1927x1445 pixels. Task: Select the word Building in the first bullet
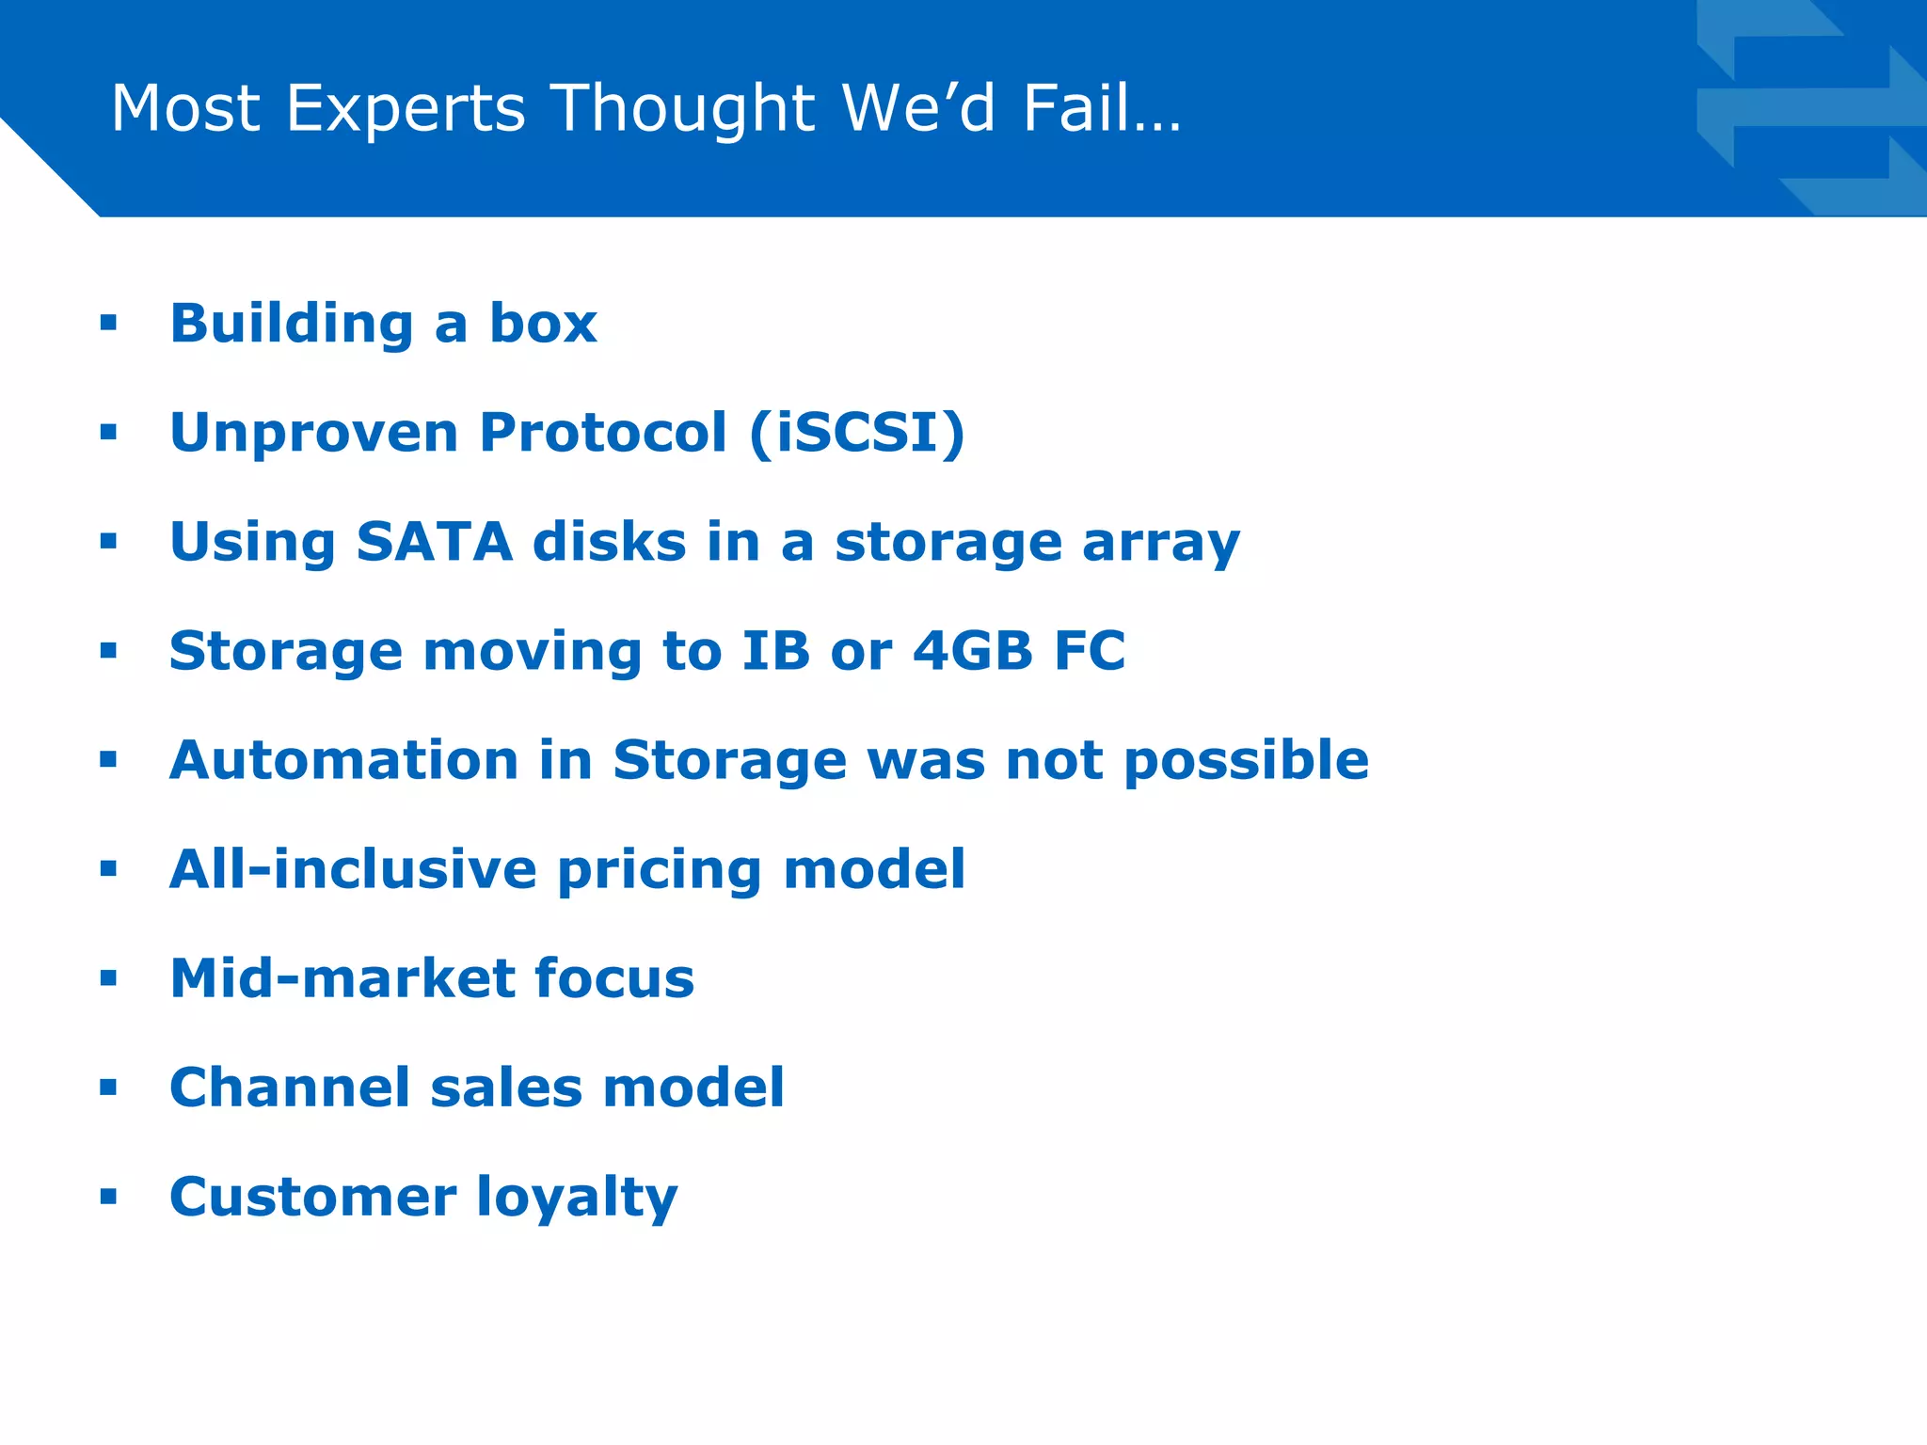(x=292, y=325)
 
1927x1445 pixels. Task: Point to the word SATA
(x=434, y=543)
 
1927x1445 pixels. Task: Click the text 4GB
(x=973, y=651)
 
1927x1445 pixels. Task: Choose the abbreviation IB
(x=775, y=651)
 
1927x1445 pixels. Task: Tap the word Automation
(x=343, y=760)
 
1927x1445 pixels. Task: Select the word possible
(x=1247, y=760)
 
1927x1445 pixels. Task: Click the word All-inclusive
(x=353, y=869)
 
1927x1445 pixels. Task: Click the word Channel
(x=290, y=1088)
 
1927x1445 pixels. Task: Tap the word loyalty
(x=577, y=1198)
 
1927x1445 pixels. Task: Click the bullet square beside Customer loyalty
(x=108, y=1198)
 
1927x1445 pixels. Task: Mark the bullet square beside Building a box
(x=108, y=325)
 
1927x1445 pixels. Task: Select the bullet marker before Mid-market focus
(x=108, y=979)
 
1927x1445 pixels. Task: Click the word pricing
(x=659, y=869)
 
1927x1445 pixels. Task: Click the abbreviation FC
(x=1090, y=651)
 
